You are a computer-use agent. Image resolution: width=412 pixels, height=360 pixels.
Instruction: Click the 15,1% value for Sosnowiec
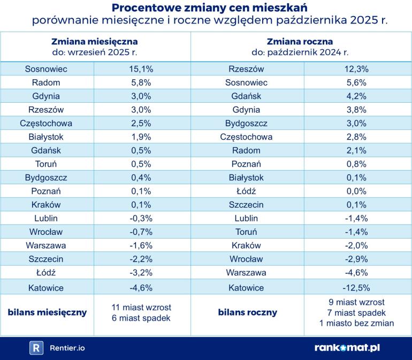coord(142,69)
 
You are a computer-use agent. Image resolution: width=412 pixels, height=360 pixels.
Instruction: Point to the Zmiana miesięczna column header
coord(95,41)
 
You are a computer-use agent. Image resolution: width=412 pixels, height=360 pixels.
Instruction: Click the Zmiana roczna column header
coord(300,41)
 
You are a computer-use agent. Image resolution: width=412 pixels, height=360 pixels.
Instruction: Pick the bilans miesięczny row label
coord(47,312)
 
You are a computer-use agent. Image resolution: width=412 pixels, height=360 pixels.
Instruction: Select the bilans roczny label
coord(247,312)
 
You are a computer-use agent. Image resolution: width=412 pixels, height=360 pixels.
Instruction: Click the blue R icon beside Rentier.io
coord(36,348)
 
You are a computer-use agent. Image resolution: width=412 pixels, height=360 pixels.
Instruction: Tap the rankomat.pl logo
coord(347,348)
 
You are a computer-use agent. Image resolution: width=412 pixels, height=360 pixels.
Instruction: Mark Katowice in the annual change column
coord(246,288)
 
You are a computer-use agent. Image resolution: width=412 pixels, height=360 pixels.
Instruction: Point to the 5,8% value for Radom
coord(142,83)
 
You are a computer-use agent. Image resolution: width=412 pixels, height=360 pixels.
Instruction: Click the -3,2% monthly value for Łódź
coord(142,274)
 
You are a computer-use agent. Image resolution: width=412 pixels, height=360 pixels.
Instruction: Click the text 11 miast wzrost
coord(142,308)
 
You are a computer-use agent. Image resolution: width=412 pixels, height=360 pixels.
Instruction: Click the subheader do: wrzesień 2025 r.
coord(95,52)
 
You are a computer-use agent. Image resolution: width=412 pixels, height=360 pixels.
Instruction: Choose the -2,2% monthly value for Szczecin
coord(142,260)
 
